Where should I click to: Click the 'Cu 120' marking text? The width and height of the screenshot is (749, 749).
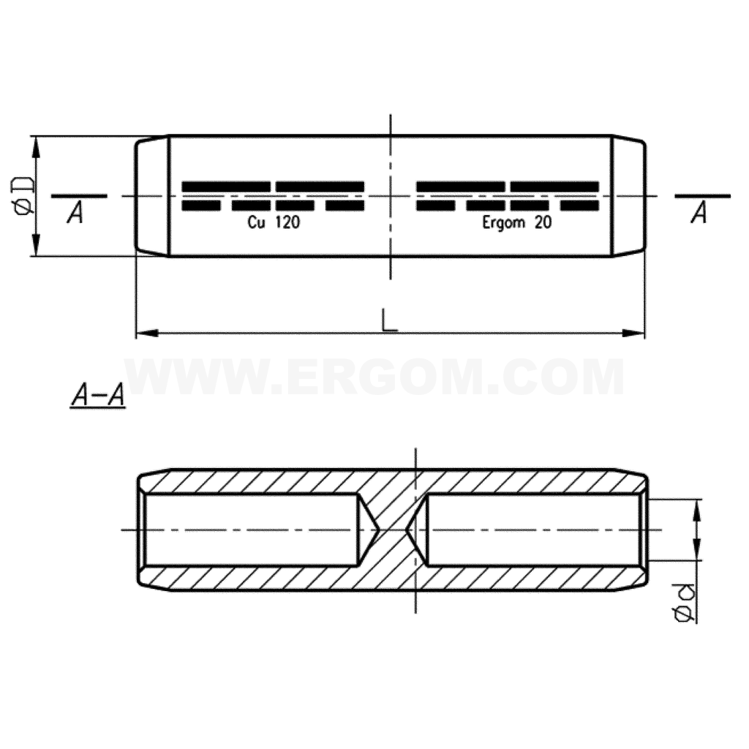click(274, 223)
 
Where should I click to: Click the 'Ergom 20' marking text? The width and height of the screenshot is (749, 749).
click(516, 223)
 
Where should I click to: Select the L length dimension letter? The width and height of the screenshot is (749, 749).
click(389, 320)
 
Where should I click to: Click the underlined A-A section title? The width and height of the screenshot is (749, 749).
click(97, 396)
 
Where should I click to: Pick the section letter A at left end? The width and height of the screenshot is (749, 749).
click(75, 213)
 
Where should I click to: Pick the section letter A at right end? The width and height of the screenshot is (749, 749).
click(699, 213)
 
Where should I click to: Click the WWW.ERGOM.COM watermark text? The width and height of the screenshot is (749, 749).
click(374, 377)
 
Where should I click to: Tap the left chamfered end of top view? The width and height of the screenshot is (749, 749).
click(152, 195)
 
